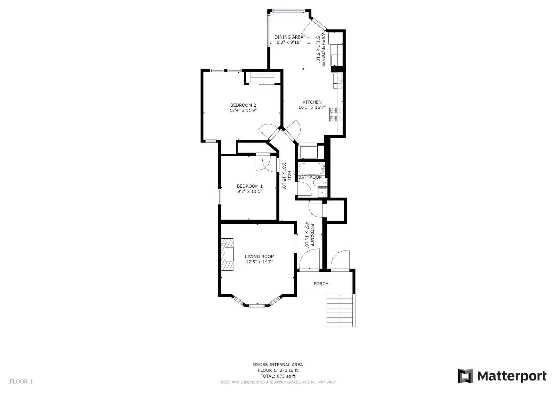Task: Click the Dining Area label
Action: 289,37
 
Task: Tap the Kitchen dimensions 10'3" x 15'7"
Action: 312,107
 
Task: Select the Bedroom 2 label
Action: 243,105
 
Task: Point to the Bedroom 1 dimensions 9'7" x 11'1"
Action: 250,191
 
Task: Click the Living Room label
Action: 260,257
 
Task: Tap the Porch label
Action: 321,284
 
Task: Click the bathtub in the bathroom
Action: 311,169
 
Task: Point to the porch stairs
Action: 341,310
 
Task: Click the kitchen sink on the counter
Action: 337,82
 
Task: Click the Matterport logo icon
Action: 465,376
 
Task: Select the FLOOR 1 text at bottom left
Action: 21,382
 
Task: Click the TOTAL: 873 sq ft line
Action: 278,376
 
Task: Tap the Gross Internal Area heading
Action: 278,365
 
